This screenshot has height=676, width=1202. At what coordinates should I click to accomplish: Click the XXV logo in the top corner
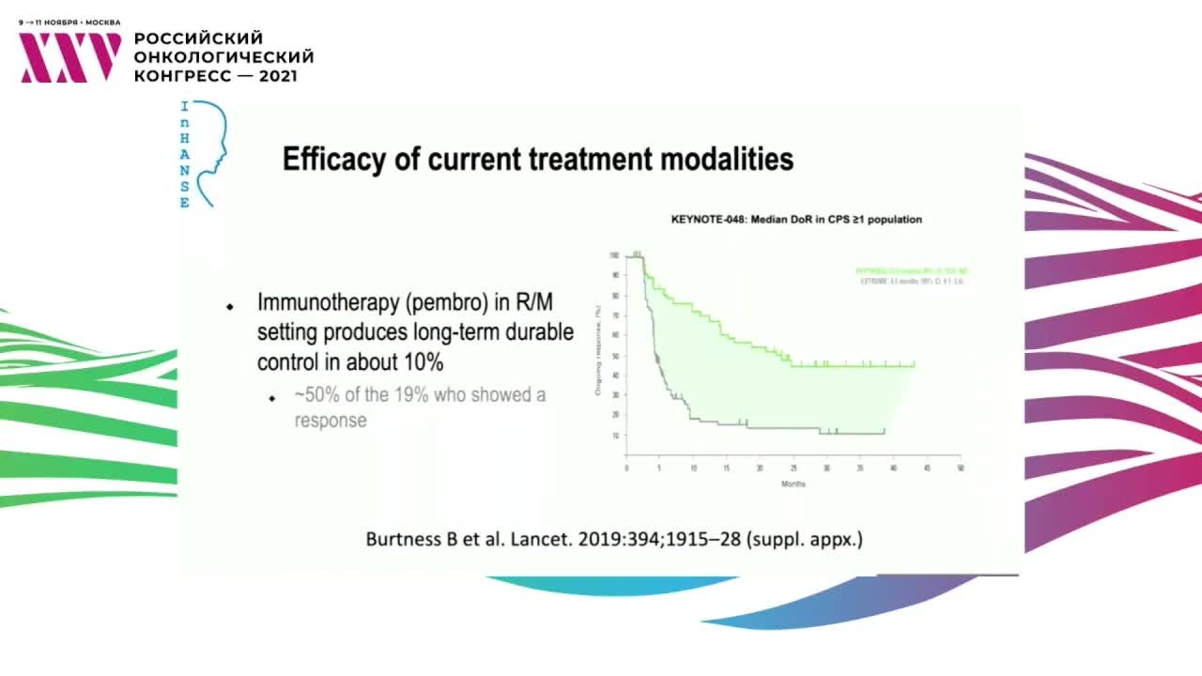click(x=70, y=57)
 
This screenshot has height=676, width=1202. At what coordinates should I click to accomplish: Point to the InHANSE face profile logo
click(x=208, y=152)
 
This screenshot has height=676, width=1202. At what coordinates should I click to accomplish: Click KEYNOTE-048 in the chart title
click(x=707, y=220)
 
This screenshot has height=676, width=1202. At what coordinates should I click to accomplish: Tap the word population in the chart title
click(x=893, y=220)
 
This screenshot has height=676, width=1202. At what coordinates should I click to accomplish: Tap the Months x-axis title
click(x=794, y=484)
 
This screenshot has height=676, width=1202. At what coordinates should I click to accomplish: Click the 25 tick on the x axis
click(x=794, y=467)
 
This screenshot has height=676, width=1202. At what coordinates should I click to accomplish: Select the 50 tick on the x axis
click(x=960, y=467)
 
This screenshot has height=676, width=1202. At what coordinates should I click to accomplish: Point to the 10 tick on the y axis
click(x=616, y=436)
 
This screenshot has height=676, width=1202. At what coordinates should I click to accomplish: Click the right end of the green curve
click(x=914, y=365)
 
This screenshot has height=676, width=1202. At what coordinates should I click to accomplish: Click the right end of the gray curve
click(x=884, y=433)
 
